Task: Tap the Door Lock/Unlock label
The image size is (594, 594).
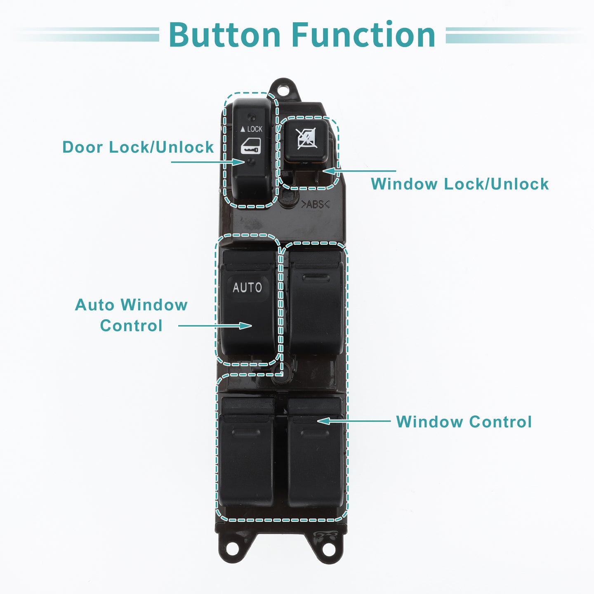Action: pyautogui.click(x=138, y=147)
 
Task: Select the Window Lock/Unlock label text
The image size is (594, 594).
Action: pyautogui.click(x=460, y=184)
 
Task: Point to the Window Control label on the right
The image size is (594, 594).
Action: pyautogui.click(x=464, y=422)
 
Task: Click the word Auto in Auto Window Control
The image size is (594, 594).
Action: pyautogui.click(x=94, y=305)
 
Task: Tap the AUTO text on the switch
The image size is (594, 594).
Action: pyautogui.click(x=247, y=288)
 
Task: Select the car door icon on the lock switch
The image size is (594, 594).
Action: pyautogui.click(x=251, y=146)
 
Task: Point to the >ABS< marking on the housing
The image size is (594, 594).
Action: pyautogui.click(x=315, y=204)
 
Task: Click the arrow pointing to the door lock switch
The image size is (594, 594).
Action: pyautogui.click(x=208, y=162)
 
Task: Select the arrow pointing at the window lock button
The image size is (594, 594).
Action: pyautogui.click(x=359, y=171)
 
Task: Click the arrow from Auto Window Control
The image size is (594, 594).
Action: pyautogui.click(x=215, y=325)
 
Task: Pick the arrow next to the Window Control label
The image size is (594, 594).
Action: pyautogui.click(x=354, y=421)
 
